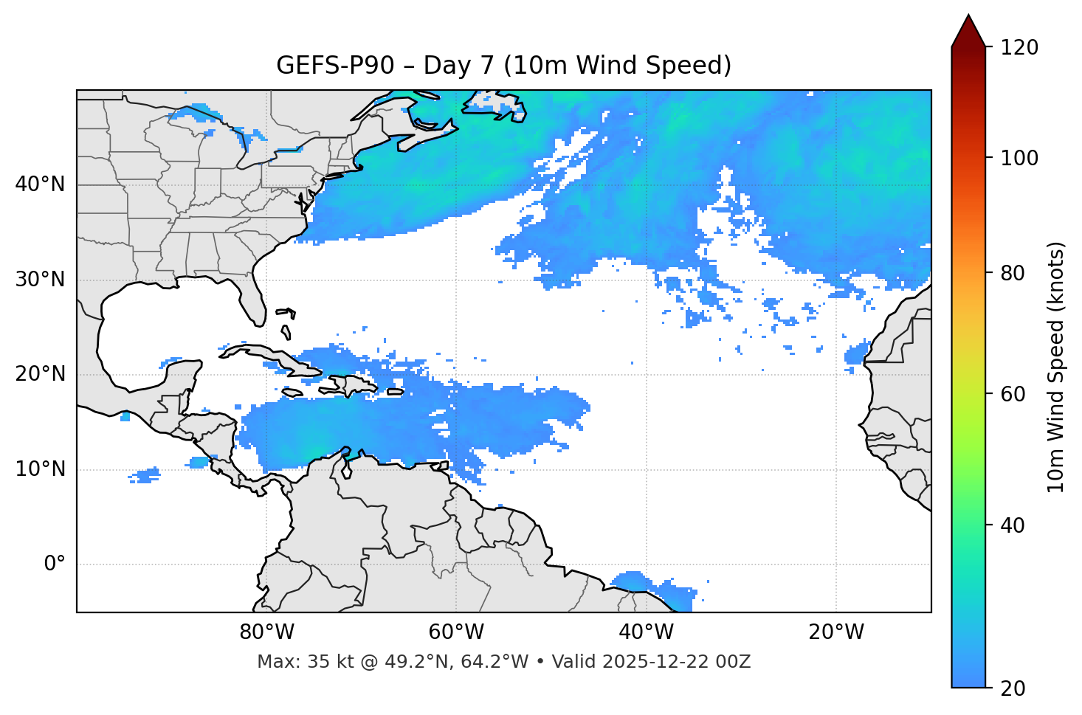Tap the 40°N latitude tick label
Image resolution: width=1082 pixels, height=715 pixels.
40,184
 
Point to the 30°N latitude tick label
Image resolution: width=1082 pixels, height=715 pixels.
40,280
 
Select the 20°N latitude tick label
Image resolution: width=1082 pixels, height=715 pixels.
40,374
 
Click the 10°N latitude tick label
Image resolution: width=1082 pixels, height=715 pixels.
40,469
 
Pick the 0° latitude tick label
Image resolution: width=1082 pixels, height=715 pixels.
55,564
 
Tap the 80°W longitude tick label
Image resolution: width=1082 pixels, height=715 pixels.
266,632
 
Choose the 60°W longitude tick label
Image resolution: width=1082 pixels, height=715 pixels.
456,632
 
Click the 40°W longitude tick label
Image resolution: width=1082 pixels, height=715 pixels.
646,632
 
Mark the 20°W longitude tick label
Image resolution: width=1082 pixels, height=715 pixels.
835,632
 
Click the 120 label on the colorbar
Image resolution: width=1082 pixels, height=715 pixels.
1019,48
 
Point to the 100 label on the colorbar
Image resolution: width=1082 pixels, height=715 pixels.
1019,158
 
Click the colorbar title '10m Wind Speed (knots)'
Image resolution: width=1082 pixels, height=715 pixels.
1056,367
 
